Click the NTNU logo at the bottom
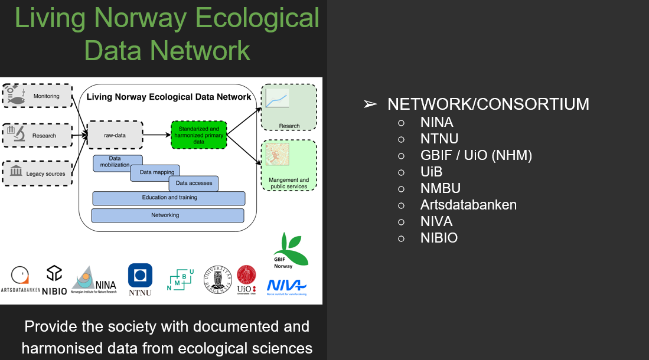click(140, 279)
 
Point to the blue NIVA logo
click(287, 286)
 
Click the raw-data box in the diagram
click(115, 135)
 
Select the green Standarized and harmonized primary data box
click(198, 135)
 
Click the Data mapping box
click(157, 172)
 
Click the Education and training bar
click(169, 198)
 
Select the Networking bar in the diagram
click(167, 215)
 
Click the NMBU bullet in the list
click(440, 189)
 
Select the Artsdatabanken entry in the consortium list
click(468, 205)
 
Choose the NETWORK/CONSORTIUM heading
click(488, 104)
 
